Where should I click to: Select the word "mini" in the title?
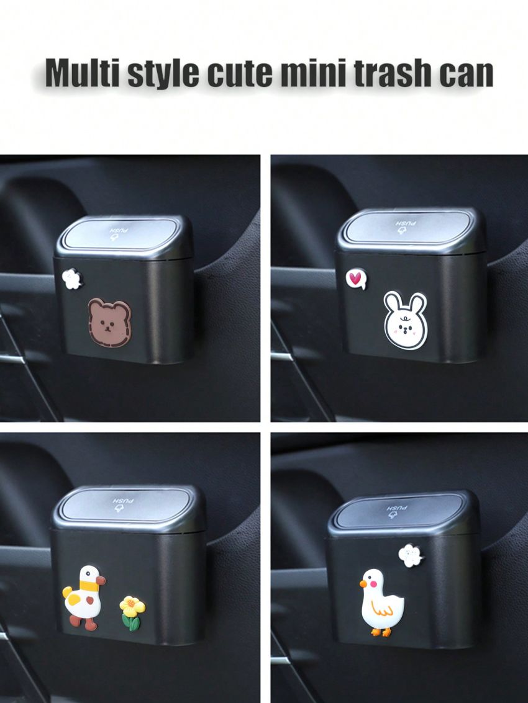(x=310, y=73)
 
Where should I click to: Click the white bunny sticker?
(x=405, y=320)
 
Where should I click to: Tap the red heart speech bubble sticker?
(x=355, y=279)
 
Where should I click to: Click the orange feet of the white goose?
(x=380, y=632)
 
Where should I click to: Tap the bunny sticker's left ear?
(x=393, y=304)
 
